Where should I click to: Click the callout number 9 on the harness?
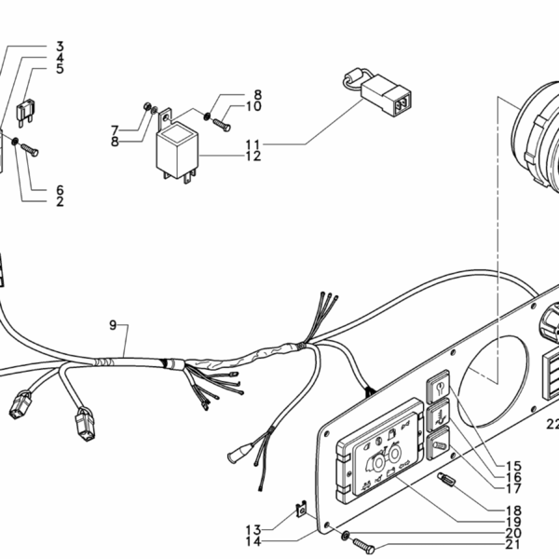pos(113,325)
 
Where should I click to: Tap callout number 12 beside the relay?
pos(253,156)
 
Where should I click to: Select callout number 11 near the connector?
pos(253,143)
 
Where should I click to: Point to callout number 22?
pos(551,424)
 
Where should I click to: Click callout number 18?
pos(513,510)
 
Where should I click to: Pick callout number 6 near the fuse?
pos(60,190)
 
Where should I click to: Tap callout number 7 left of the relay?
pos(141,129)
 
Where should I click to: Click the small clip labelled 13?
pos(302,510)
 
